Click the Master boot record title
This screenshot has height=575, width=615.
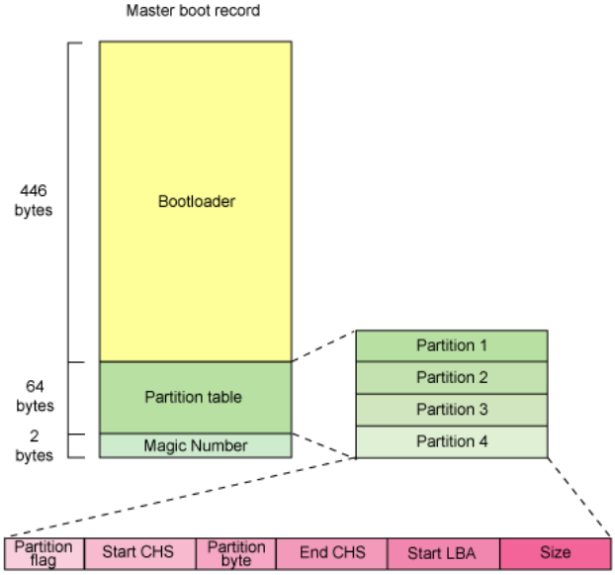click(193, 11)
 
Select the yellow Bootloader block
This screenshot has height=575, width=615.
click(196, 201)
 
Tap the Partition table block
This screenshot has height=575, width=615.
click(196, 398)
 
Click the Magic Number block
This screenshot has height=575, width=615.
click(196, 445)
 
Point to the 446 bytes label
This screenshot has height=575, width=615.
click(34, 200)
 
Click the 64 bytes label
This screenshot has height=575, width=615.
click(35, 396)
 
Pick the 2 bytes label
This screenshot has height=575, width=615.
click(35, 445)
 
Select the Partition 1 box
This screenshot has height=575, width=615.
click(452, 345)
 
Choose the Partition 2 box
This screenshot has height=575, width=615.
click(452, 378)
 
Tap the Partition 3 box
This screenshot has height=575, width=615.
click(452, 410)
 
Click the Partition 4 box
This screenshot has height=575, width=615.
click(452, 442)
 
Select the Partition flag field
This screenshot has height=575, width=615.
click(44, 553)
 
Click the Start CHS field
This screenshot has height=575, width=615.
click(140, 553)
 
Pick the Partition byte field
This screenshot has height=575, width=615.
click(236, 553)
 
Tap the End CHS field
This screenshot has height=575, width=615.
click(332, 553)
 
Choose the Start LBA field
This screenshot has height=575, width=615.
click(444, 553)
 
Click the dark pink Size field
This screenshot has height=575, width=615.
click(556, 553)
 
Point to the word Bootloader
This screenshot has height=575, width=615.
click(197, 201)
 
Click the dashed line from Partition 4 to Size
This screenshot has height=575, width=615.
click(579, 497)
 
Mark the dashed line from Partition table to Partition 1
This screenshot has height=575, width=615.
click(324, 345)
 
